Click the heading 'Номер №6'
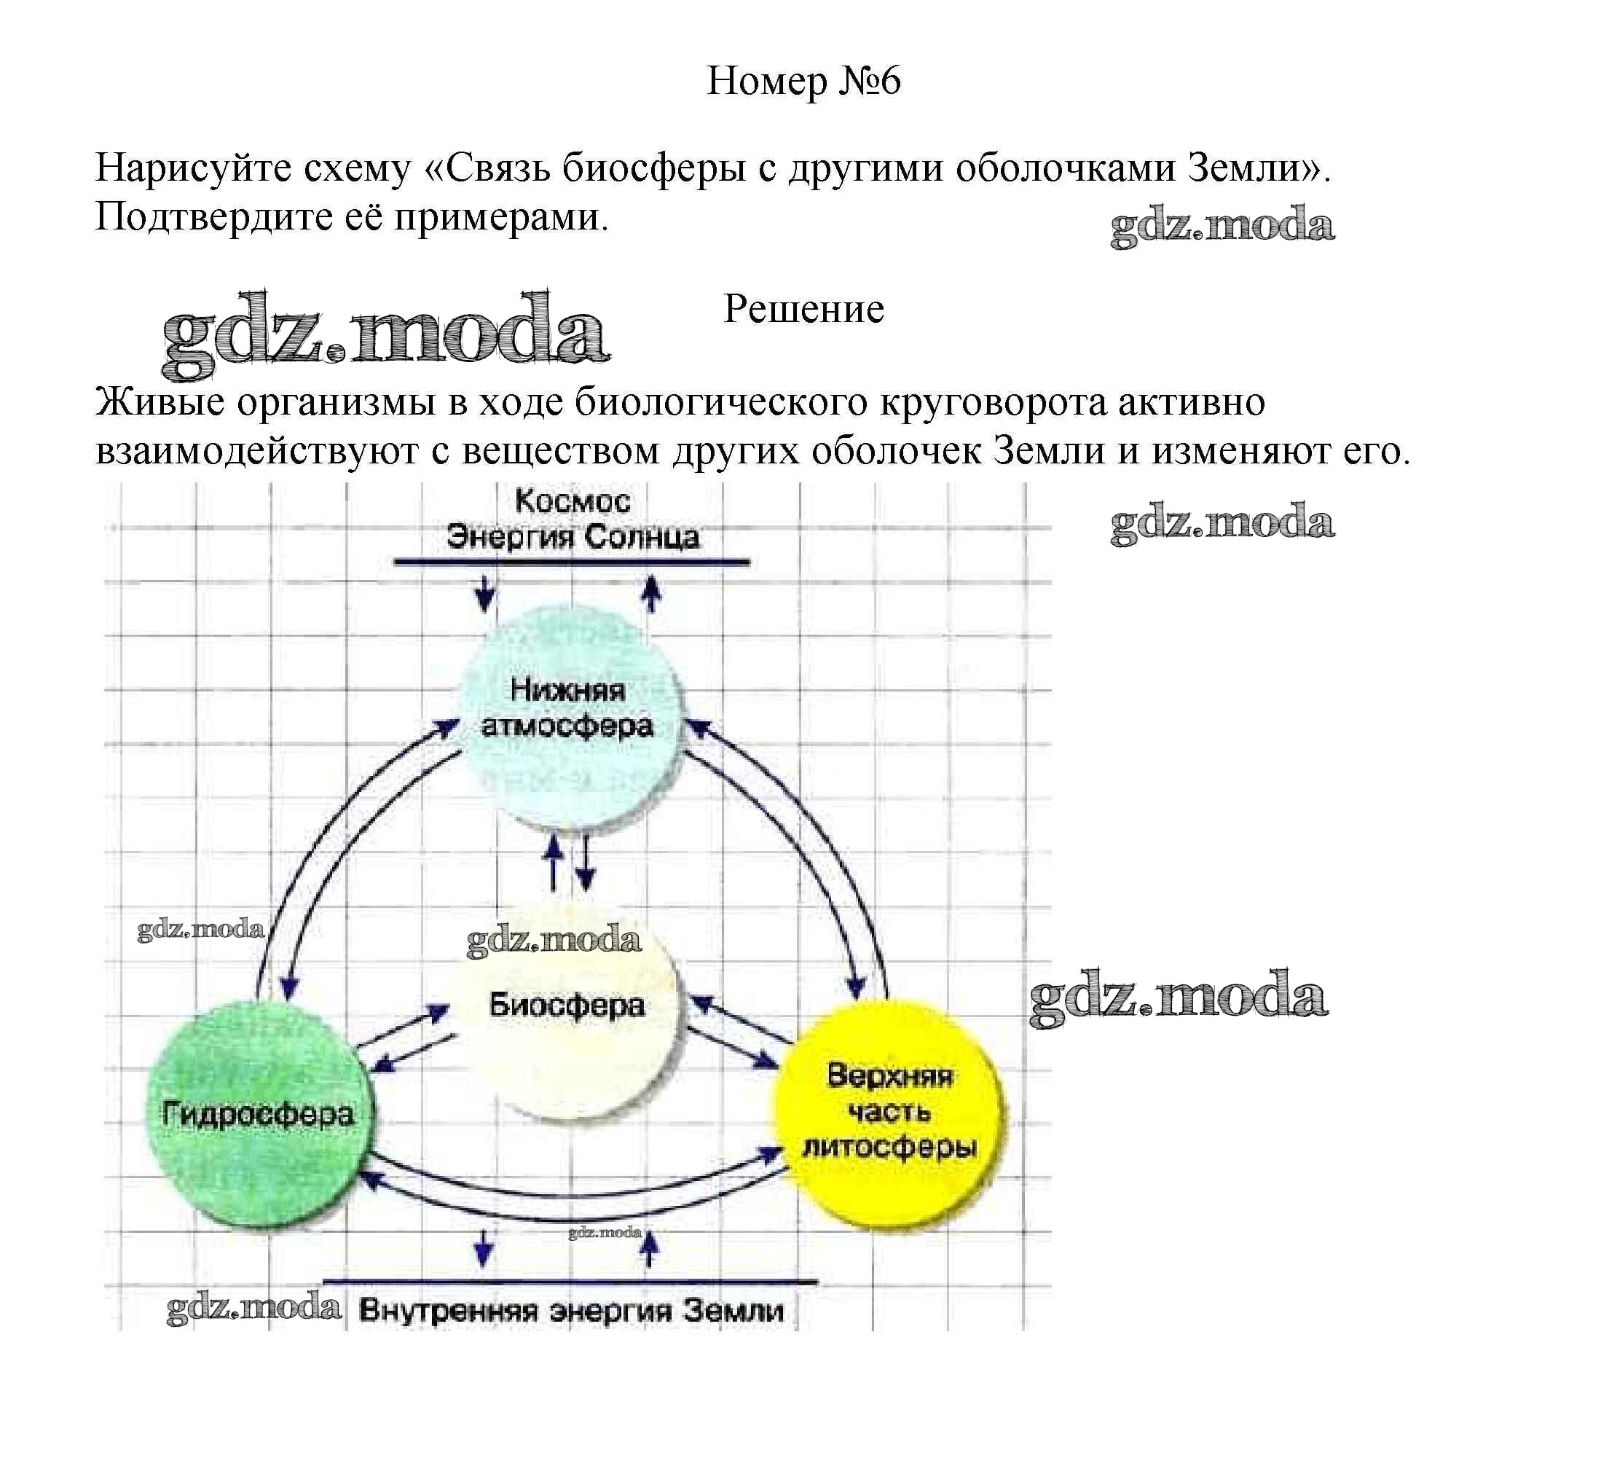[x=803, y=82]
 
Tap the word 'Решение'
[x=803, y=310]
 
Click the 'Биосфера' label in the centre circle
[x=567, y=1005]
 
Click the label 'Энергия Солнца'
[x=573, y=537]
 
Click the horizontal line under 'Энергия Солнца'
[x=572, y=562]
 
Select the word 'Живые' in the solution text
[x=160, y=402]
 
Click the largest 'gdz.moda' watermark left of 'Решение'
[x=387, y=335]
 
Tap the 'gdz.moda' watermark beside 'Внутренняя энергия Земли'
[x=253, y=1308]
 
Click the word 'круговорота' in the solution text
[x=993, y=402]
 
